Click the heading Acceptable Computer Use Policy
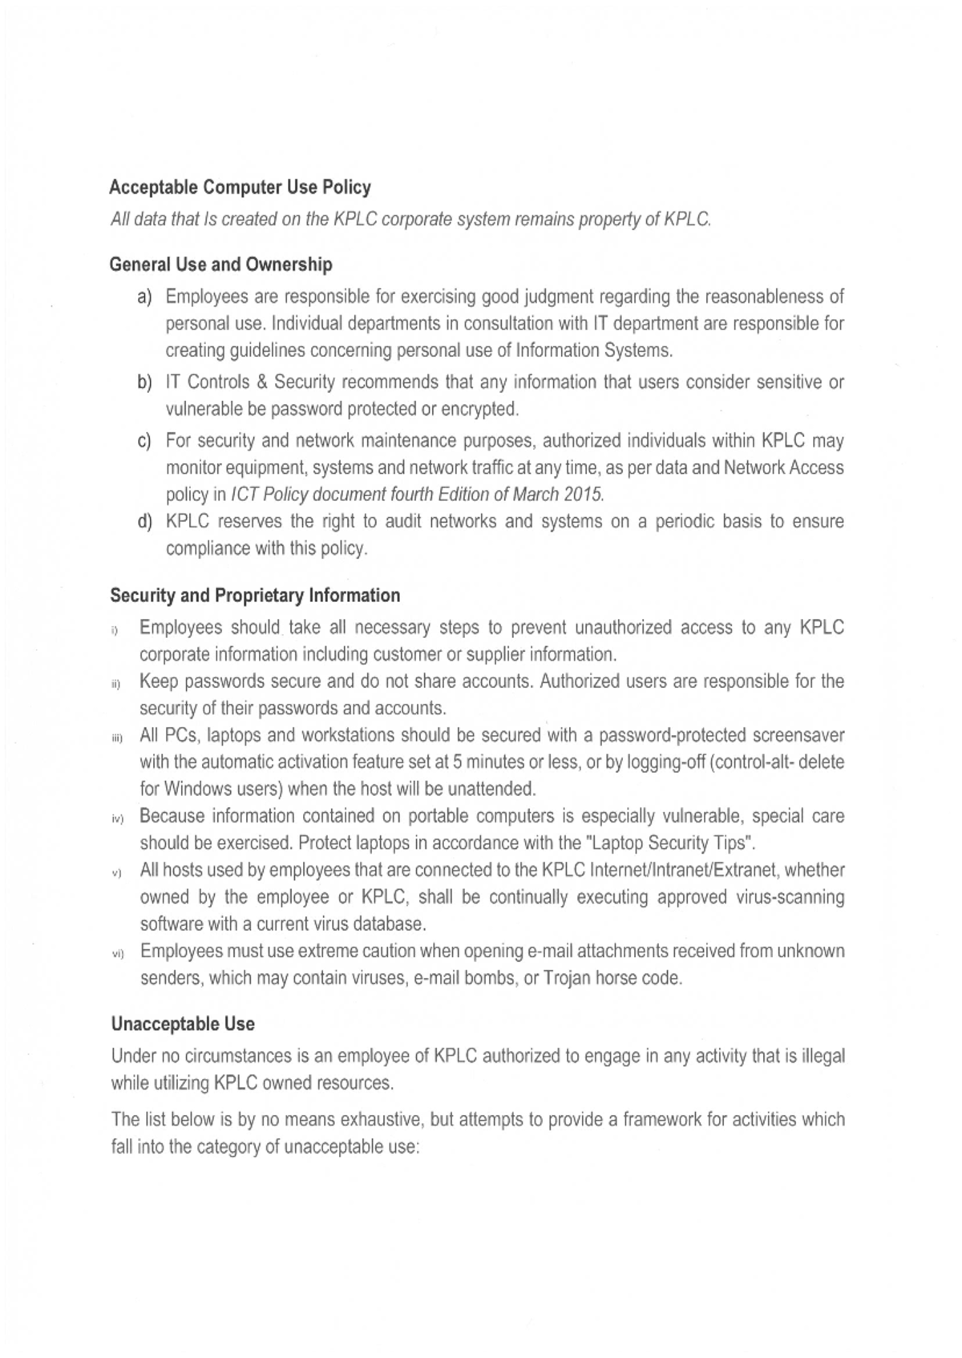[x=240, y=188]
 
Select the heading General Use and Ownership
[x=221, y=265]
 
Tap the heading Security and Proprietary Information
[x=255, y=596]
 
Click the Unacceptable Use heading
[x=183, y=1024]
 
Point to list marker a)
[x=144, y=297]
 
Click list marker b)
[x=144, y=383]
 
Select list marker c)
[x=144, y=442]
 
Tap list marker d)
[x=144, y=523]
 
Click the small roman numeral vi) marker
[x=117, y=954]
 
